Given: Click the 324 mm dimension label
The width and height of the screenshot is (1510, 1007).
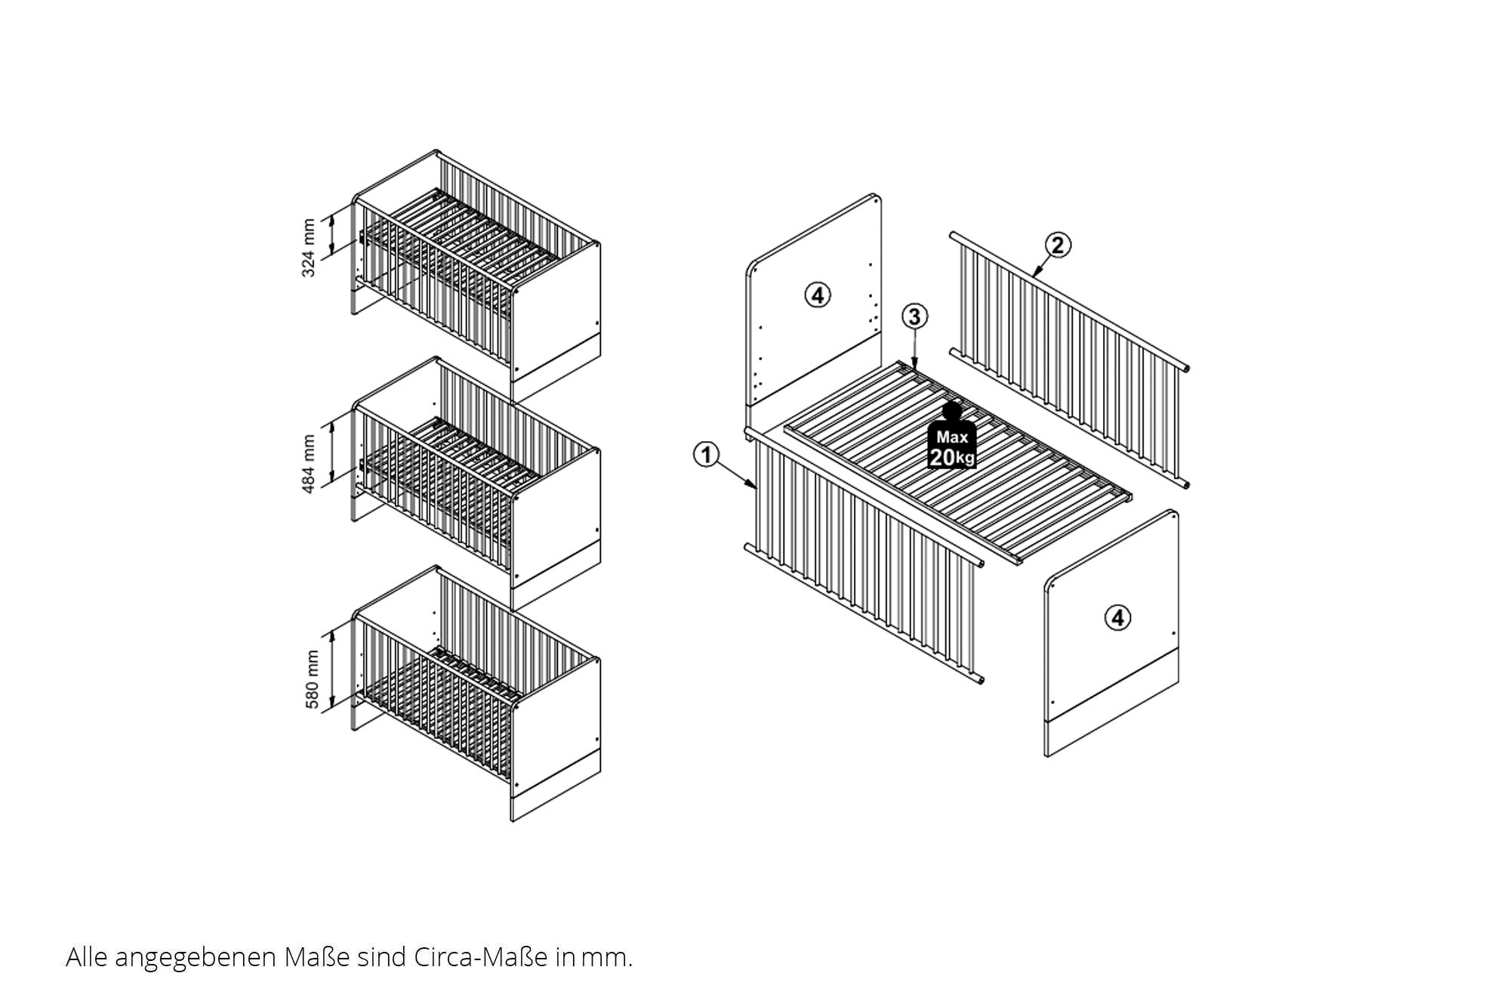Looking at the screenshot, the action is [309, 248].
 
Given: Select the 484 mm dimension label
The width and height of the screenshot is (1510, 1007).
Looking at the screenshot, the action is [309, 464].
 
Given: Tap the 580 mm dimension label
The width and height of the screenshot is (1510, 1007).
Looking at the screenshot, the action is [312, 680].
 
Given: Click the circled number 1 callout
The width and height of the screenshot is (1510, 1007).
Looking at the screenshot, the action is [706, 455].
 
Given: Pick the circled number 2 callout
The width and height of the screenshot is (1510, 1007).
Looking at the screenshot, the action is [1058, 245].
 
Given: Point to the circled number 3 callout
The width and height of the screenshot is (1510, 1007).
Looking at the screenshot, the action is [914, 317].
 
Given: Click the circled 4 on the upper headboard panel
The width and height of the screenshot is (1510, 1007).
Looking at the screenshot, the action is [818, 295].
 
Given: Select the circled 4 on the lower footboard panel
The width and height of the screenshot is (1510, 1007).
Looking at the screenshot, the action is [1117, 618].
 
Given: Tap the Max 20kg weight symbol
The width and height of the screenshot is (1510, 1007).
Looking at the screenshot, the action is [951, 436].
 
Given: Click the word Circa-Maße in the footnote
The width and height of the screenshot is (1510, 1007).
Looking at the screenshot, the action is [480, 957].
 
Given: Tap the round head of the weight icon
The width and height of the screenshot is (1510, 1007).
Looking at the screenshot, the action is [952, 410].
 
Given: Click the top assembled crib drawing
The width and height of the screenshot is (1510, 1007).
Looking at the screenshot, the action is [476, 275].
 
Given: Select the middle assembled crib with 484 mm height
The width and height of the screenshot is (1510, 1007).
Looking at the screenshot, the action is [476, 483].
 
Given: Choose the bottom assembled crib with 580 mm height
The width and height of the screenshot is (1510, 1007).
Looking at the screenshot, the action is [476, 693].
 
